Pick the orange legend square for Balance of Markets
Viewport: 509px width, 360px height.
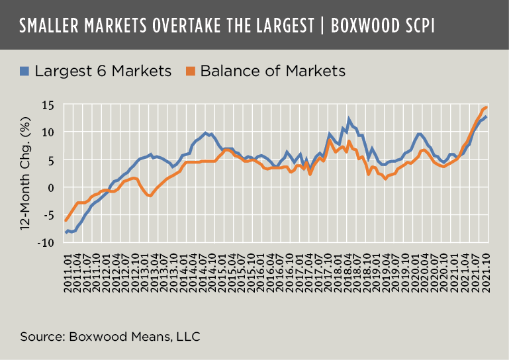coord(191,69)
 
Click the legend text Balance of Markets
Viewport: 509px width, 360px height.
coord(272,70)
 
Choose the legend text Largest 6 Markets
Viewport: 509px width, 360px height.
coord(103,70)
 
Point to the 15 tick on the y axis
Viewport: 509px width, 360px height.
coord(47,104)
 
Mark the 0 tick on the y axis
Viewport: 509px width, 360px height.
coord(50,187)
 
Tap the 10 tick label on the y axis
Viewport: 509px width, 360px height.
coord(47,132)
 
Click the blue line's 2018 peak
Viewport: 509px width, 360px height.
coord(348,120)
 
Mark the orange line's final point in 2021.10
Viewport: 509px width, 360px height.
coord(486,107)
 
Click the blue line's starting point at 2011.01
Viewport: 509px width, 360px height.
coord(66,232)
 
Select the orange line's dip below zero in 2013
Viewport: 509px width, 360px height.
coord(150,196)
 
